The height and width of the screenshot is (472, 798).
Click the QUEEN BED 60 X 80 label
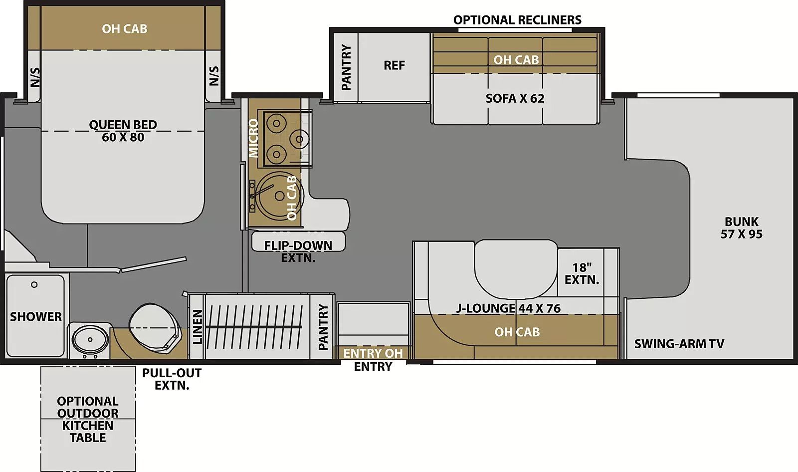point(123,131)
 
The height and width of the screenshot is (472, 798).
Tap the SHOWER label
point(36,316)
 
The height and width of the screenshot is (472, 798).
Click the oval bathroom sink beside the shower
point(90,339)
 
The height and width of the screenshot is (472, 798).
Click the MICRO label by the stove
point(254,138)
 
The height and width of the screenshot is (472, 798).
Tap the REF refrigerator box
point(394,65)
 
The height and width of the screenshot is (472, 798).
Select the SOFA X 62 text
point(515,98)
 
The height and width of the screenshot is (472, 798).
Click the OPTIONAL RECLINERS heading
point(517,20)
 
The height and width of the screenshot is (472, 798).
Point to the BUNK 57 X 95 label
point(741,228)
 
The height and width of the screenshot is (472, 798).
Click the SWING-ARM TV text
point(679,343)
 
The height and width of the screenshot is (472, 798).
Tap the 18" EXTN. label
point(582,273)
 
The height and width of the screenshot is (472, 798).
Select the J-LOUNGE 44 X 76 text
point(508,308)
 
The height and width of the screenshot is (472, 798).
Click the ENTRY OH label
point(373,353)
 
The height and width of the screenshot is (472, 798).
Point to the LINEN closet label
point(198,327)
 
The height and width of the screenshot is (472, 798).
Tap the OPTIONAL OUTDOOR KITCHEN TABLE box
point(88,419)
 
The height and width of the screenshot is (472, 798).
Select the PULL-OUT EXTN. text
point(172,379)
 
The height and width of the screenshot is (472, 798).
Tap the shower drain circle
point(34,285)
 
